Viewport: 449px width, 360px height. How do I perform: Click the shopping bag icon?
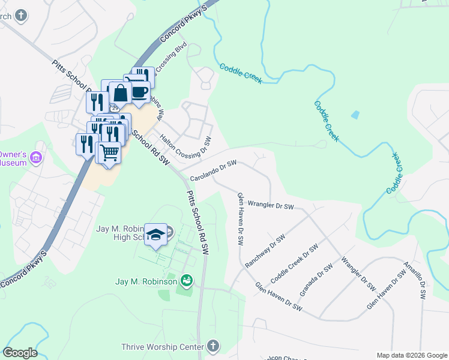pyautogui.click(x=121, y=93)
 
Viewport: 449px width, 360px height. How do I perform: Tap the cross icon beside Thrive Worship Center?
pyautogui.click(x=212, y=346)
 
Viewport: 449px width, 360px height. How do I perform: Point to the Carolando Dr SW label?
pyautogui.click(x=214, y=170)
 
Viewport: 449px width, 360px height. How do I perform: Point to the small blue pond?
pyautogui.click(x=355, y=114)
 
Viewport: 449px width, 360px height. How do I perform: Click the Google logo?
pyautogui.click(x=20, y=353)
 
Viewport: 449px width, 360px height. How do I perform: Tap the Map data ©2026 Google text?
pyautogui.click(x=411, y=355)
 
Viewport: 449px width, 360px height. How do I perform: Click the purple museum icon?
pyautogui.click(x=37, y=157)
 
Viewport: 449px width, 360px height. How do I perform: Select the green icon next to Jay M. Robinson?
pyautogui.click(x=187, y=281)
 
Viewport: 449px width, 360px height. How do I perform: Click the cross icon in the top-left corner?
pyautogui.click(x=22, y=15)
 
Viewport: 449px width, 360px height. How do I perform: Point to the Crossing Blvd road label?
pyautogui.click(x=172, y=58)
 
